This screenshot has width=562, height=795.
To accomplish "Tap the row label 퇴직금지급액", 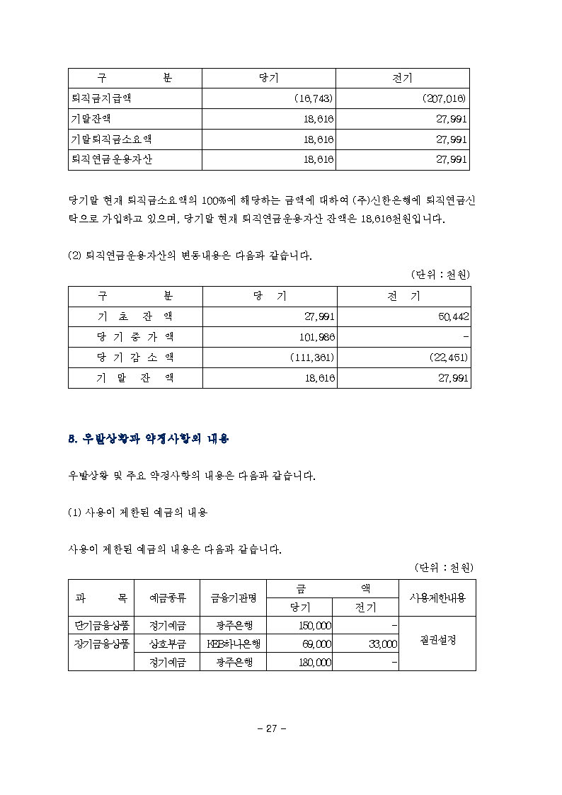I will [x=100, y=99].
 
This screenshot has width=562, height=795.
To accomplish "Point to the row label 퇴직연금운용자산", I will [x=110, y=160].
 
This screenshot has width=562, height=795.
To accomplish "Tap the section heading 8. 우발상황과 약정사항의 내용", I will [x=148, y=439].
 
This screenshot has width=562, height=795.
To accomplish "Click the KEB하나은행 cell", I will [x=234, y=644].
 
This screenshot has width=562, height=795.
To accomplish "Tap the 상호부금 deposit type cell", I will [x=168, y=644].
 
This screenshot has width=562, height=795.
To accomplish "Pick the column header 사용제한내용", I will [x=437, y=597].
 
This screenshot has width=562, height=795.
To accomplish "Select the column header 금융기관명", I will [x=234, y=598].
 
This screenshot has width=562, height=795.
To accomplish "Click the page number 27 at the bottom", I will [x=270, y=728].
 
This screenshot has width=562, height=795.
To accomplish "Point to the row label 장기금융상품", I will [x=101, y=644].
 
